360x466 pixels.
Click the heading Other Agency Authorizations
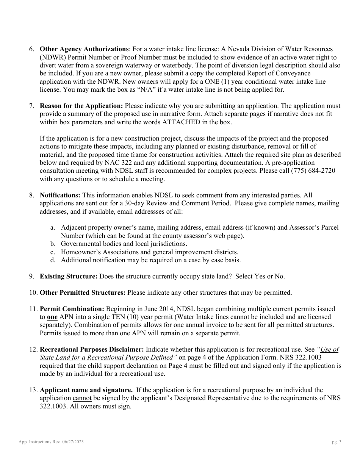84,49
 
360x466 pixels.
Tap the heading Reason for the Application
81,106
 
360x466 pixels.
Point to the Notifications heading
60,195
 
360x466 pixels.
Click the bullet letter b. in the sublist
53,244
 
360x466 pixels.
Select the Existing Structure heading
69,277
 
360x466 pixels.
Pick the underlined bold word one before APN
52,317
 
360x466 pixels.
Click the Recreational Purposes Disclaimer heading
92,350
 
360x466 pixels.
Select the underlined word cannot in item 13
82,398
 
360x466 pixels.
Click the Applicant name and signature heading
86,390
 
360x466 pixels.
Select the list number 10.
33,293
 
